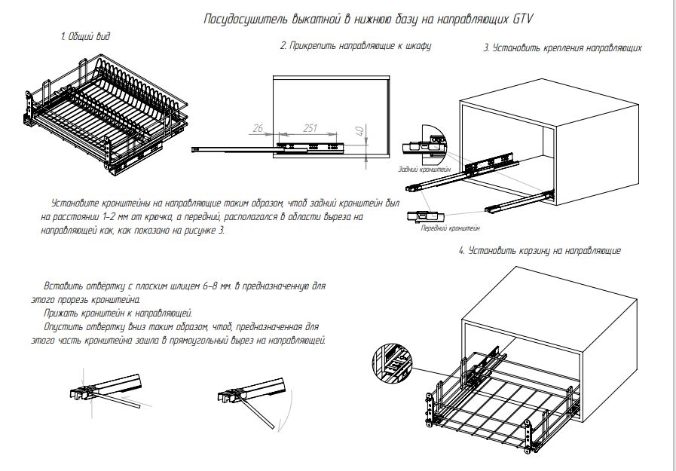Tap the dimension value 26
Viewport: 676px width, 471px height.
click(x=258, y=129)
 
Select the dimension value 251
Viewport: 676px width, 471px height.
click(x=309, y=129)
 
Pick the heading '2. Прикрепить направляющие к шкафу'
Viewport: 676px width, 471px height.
click(x=356, y=46)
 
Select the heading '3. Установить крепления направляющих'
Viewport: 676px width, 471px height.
click(x=562, y=48)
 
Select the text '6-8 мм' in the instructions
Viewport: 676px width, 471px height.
click(x=219, y=287)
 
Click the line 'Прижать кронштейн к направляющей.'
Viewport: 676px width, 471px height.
click(x=119, y=313)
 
